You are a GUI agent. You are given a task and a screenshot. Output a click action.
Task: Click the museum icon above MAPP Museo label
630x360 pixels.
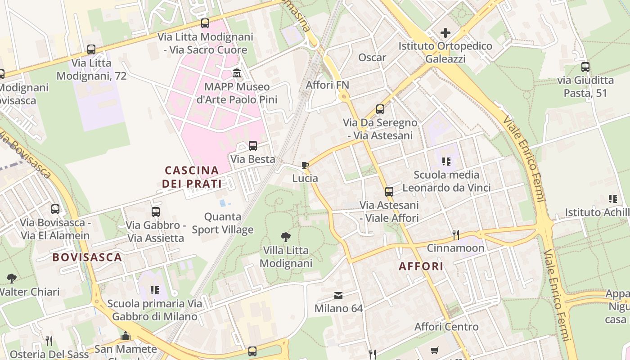coord(237,73)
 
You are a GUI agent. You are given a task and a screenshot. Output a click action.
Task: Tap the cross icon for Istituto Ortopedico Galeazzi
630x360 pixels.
coord(445,32)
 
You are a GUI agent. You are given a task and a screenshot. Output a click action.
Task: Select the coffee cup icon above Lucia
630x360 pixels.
coord(305,165)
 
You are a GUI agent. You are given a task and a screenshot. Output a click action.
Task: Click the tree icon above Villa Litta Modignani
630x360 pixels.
coord(285,237)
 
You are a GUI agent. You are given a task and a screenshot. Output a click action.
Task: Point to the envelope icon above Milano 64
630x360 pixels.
coord(338,296)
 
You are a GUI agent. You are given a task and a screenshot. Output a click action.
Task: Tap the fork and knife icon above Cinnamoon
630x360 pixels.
coord(455,234)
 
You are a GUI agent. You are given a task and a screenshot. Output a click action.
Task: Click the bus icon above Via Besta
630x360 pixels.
coord(253,145)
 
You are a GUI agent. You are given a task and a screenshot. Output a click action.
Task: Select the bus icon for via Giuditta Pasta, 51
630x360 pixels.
coord(585,67)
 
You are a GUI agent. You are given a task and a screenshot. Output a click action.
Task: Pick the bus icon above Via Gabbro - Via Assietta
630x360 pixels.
coord(156,211)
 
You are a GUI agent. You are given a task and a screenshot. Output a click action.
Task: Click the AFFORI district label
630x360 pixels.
coord(421,266)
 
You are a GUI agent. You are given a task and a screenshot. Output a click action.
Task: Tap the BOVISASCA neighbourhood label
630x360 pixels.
coord(87,257)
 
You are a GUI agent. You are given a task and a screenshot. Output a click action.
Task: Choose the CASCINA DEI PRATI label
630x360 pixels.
coord(192,177)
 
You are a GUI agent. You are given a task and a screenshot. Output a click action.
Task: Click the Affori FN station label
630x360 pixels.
coord(327,85)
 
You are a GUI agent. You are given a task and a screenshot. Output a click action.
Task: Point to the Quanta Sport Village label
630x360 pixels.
coord(223,223)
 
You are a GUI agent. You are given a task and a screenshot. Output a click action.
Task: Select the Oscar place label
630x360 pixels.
coord(372,58)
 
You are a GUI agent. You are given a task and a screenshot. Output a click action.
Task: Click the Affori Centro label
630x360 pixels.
coord(446,327)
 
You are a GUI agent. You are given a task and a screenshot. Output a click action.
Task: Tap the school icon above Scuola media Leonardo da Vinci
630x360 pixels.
coord(446,161)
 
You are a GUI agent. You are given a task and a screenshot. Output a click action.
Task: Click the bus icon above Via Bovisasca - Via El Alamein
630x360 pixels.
coord(55,209)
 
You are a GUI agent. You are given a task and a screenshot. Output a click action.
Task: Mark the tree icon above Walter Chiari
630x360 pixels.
coord(12,278)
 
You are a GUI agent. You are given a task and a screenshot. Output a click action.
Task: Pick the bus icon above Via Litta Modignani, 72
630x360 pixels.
coord(91,49)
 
